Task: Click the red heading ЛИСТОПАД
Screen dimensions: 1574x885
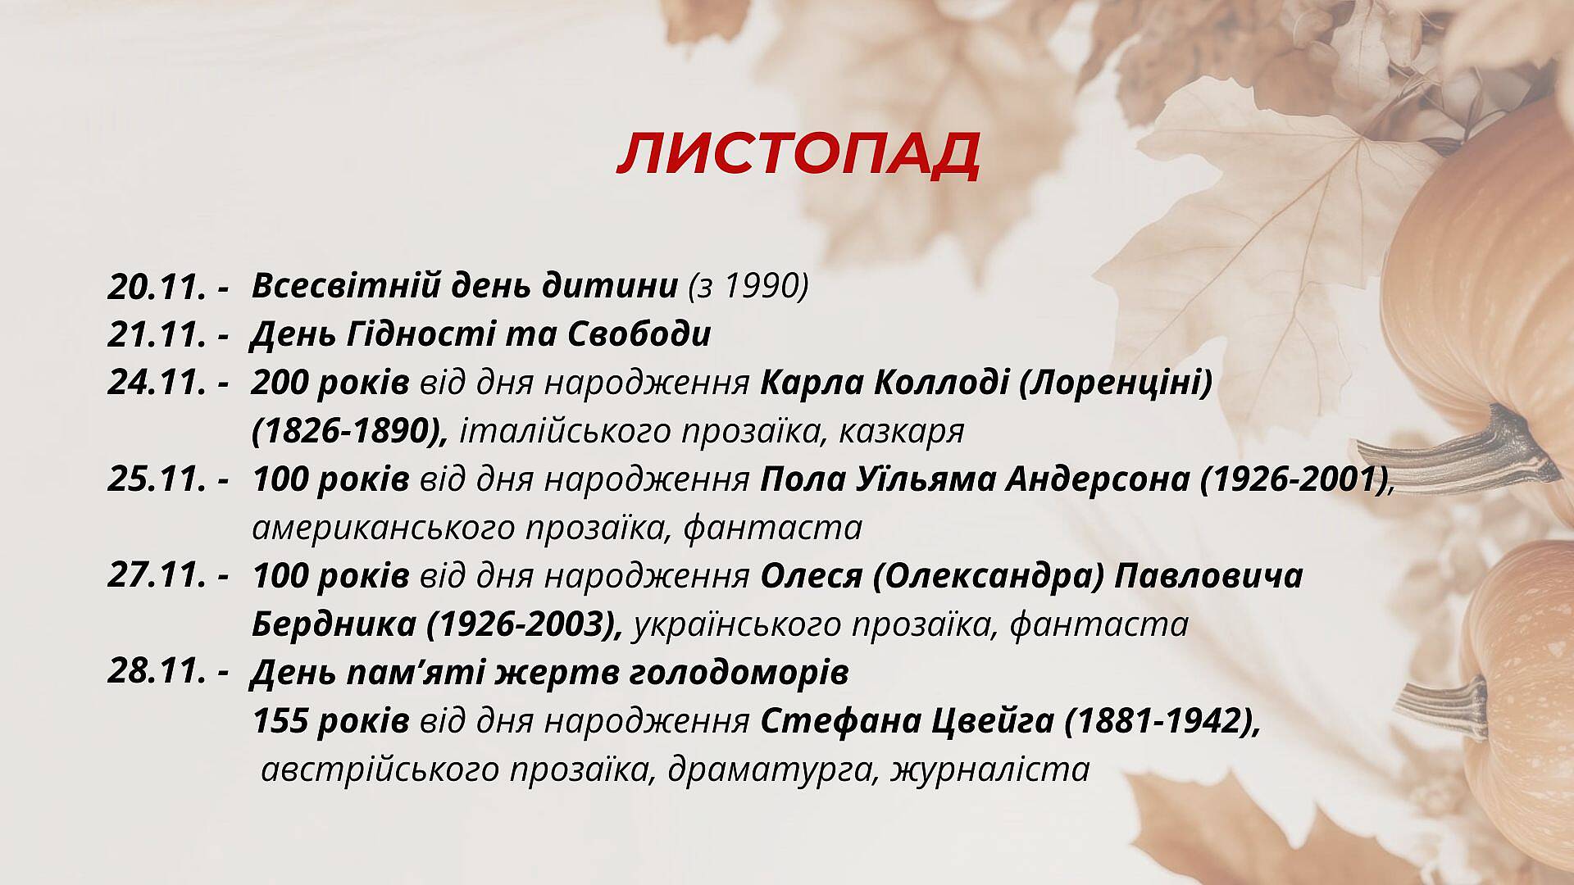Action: pos(798,154)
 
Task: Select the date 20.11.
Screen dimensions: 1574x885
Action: pos(156,286)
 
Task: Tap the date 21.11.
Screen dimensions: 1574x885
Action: pos(156,334)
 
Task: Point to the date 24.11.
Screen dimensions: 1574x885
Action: pos(156,383)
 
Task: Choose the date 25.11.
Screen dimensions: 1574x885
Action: pos(156,479)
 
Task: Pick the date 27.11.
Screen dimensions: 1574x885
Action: pos(156,576)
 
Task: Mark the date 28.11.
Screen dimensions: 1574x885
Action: pos(156,673)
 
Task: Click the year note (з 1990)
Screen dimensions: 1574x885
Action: pos(748,286)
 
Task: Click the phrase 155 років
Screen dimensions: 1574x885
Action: pos(330,722)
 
